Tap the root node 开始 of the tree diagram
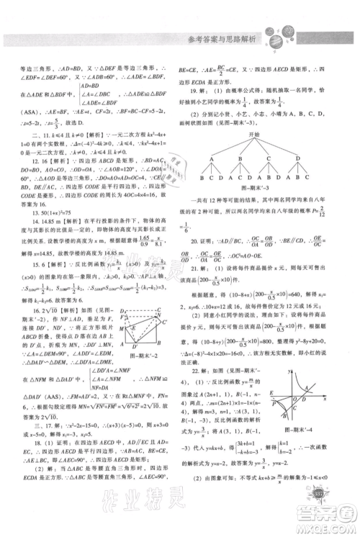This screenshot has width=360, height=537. [253, 153]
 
